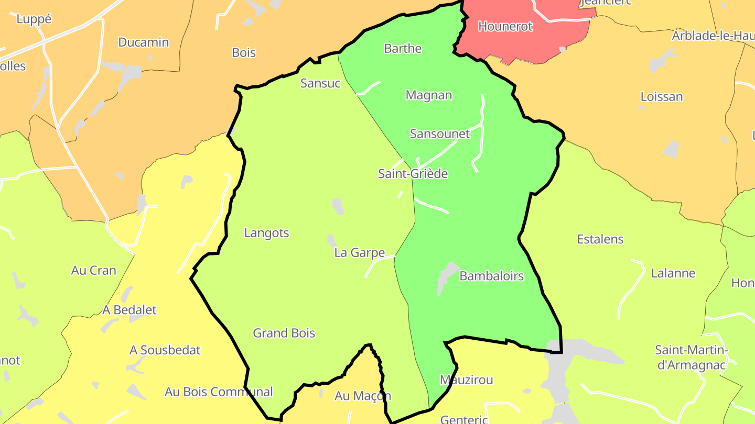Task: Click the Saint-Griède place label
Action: point(413,174)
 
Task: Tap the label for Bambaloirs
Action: point(491,276)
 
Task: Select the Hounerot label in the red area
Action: point(505,26)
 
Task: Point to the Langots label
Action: point(266,233)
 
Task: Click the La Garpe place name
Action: point(360,253)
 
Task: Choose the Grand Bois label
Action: point(284,333)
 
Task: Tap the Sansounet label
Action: point(440,133)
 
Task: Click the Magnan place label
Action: point(429,95)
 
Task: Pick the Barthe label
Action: point(403,49)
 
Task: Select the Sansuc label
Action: point(320,83)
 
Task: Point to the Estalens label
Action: point(600,239)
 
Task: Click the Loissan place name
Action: point(662,97)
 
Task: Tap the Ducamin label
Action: point(144,42)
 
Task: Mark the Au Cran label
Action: point(94,271)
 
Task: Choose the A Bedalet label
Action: point(130,310)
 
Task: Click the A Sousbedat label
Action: point(165,350)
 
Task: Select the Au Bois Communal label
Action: point(219,392)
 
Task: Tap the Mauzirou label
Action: point(467,380)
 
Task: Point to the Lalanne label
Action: point(673,273)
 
